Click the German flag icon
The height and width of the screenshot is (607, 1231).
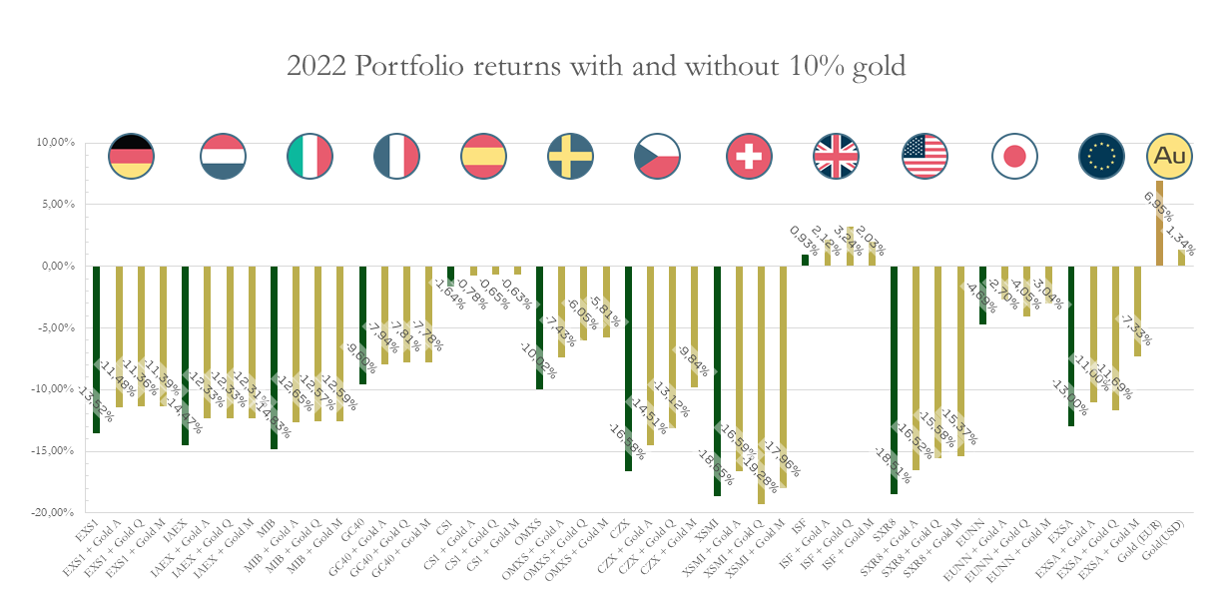coord(132,156)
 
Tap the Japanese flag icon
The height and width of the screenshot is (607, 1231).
coord(1014,156)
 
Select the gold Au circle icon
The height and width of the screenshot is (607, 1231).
coord(1170,156)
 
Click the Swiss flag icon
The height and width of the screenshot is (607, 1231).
coord(749,156)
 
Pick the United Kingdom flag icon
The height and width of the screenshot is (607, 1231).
coord(837,156)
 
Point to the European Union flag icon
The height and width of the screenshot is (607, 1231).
coord(1102,156)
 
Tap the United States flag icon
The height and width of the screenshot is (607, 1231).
coord(924,156)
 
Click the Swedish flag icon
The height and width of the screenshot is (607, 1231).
coord(572,156)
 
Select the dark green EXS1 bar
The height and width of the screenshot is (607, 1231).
coord(97,348)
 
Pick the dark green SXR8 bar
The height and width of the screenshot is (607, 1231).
coord(894,379)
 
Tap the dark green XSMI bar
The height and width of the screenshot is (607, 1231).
coord(717,380)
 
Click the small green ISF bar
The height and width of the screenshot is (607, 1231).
coord(805,261)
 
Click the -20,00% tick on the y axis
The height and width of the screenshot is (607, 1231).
coord(58,512)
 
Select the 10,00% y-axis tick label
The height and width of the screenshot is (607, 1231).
coord(59,143)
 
